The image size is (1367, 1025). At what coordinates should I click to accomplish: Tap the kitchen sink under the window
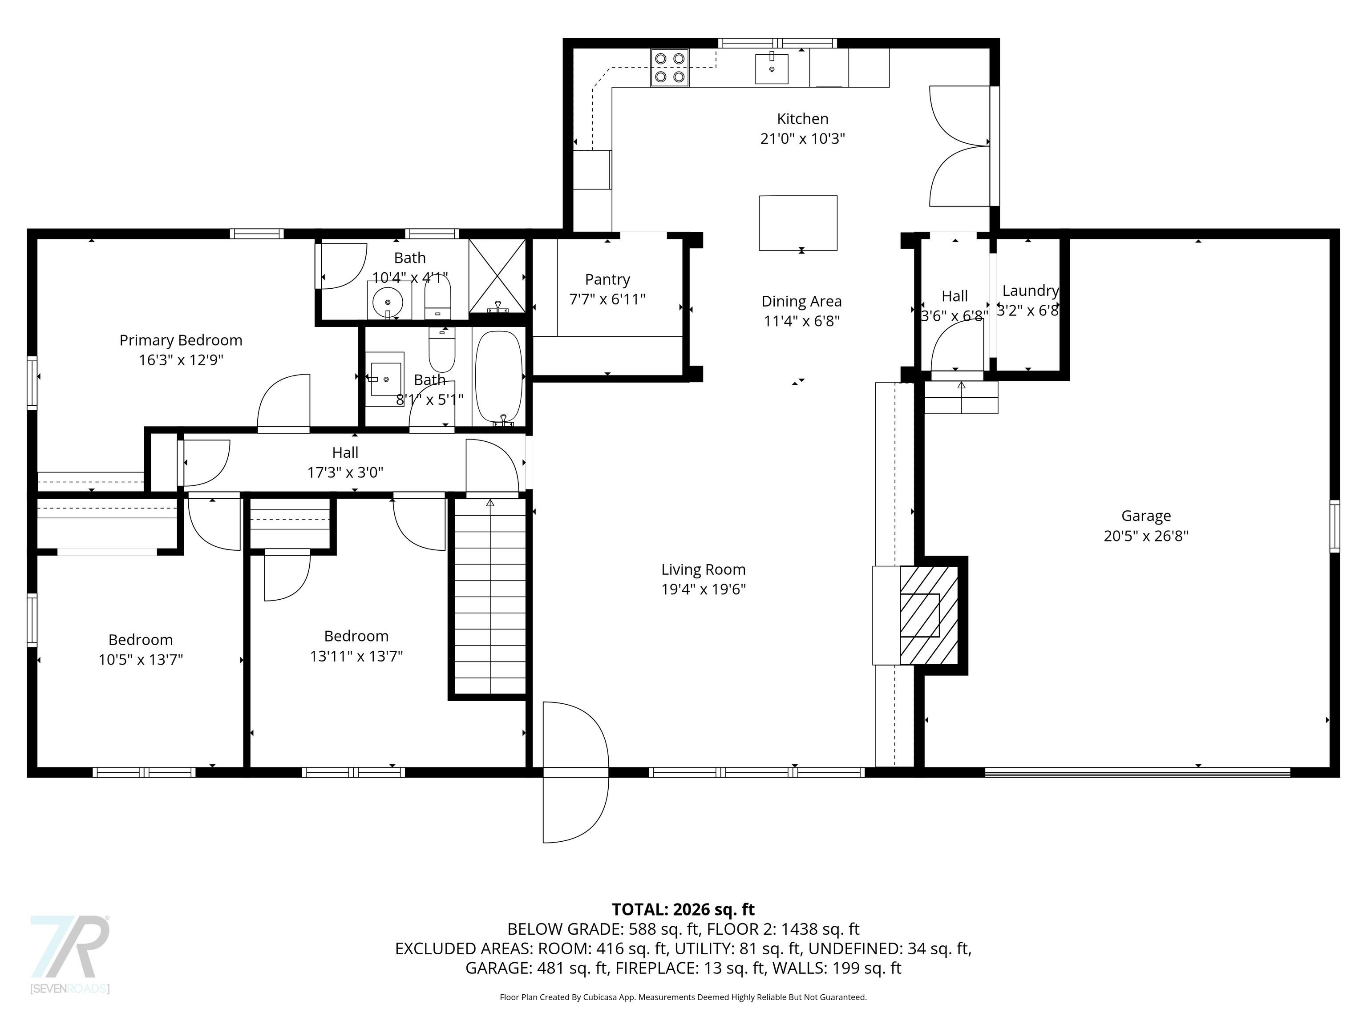(x=772, y=69)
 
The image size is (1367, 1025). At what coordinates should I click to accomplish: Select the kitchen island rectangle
(x=798, y=222)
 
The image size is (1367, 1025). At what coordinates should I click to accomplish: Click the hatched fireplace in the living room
(x=928, y=615)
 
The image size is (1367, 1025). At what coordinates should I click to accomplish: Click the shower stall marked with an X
(x=497, y=275)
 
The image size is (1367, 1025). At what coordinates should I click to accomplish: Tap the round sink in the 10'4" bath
(x=388, y=302)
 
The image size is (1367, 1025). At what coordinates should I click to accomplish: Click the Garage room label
(x=1146, y=516)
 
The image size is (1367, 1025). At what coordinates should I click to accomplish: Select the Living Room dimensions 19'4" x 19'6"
(x=703, y=589)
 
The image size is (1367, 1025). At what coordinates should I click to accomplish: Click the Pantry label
(x=607, y=279)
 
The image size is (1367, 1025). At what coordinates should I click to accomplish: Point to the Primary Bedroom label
(x=181, y=340)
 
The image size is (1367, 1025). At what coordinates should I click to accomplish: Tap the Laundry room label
(x=1030, y=291)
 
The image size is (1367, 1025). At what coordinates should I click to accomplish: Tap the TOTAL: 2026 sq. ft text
(x=683, y=909)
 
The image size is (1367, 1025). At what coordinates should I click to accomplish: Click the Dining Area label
(x=801, y=302)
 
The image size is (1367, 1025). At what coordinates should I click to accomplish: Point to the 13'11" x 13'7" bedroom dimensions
(x=356, y=656)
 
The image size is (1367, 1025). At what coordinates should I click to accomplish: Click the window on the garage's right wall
(x=1334, y=526)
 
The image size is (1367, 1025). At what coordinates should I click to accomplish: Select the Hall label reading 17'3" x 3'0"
(x=345, y=472)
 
